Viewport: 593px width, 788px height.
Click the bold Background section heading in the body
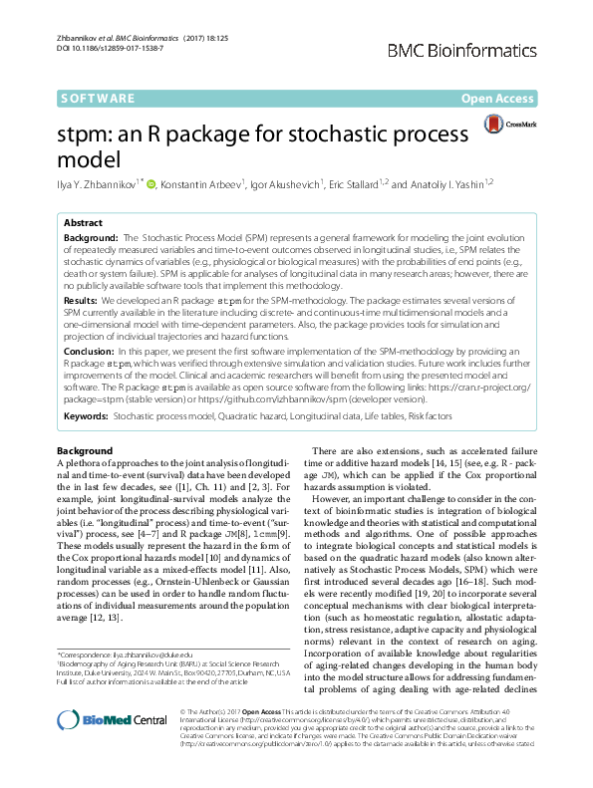(85, 450)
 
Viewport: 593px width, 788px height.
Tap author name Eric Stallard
(356, 183)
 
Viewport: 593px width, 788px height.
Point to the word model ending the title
(91, 159)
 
